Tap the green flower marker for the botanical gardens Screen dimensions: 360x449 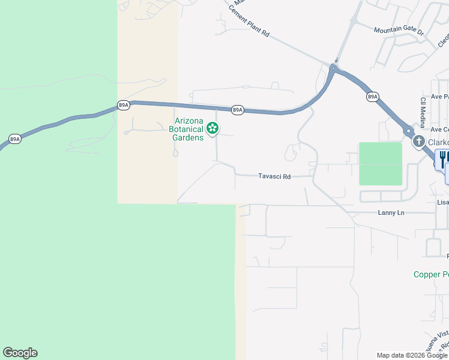pyautogui.click(x=212, y=128)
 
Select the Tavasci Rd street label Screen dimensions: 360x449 pyautogui.click(x=274, y=176)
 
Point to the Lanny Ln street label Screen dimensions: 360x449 pyautogui.click(x=391, y=213)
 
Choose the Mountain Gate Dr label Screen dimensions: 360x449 pyautogui.click(x=399, y=30)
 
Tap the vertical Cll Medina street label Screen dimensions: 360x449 pyautogui.click(x=423, y=113)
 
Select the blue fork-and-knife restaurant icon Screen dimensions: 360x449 pyautogui.click(x=442, y=159)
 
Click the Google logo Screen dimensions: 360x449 pyautogui.click(x=20, y=353)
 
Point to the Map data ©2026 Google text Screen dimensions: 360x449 pyautogui.click(x=412, y=355)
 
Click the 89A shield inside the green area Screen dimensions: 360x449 pyautogui.click(x=15, y=139)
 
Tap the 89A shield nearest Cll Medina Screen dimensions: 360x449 pyautogui.click(x=372, y=97)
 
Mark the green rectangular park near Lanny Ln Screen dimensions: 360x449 pyautogui.click(x=381, y=163)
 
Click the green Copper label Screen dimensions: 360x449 pyautogui.click(x=431, y=274)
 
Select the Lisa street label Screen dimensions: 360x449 pyautogui.click(x=443, y=202)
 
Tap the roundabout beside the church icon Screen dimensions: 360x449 pyautogui.click(x=408, y=131)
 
